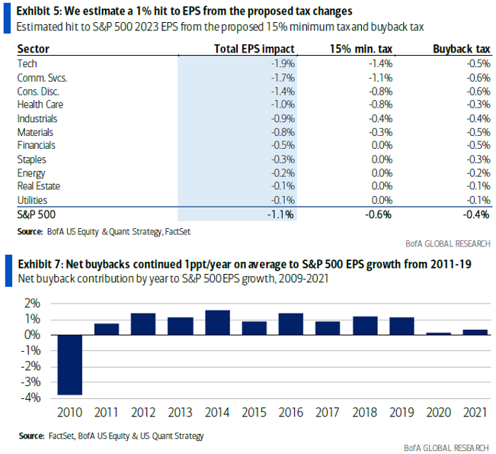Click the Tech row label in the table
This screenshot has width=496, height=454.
click(27, 63)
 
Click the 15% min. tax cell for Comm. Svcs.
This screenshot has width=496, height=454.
click(379, 77)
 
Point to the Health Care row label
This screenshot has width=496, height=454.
click(40, 105)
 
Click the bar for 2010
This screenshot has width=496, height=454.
click(70, 365)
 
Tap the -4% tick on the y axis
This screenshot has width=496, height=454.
click(34, 398)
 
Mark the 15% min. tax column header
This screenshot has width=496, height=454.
click(362, 49)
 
